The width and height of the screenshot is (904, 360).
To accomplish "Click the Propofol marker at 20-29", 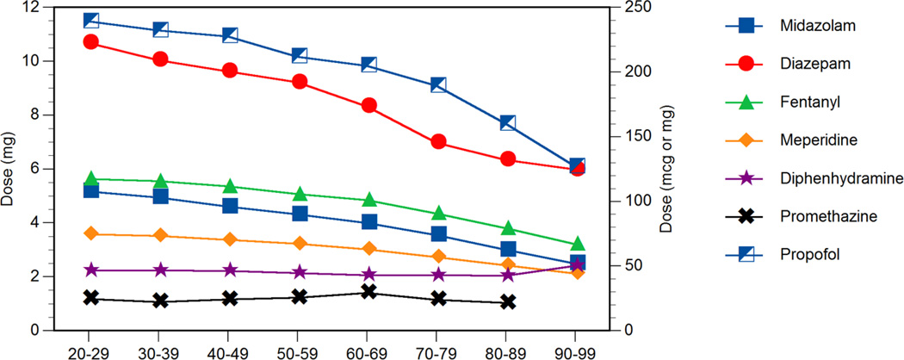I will coord(90,20).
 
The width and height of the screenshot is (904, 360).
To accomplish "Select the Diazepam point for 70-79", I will coord(437,141).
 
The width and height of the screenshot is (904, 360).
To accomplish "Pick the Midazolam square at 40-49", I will coord(229,206).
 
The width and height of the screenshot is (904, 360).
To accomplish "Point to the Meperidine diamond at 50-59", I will coord(299,243).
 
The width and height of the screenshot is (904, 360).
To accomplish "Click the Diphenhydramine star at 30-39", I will coord(159,270).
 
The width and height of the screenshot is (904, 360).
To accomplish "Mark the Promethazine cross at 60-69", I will coord(368,292).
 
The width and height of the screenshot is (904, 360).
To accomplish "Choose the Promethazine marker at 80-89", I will coord(507,301).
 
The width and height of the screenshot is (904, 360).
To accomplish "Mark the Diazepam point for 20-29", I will coord(90,41).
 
